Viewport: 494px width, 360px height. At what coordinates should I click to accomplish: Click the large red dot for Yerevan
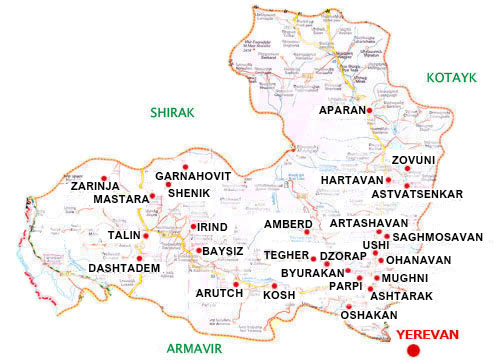pyautogui.click(x=412, y=349)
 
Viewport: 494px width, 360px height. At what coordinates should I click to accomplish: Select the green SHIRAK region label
pyautogui.click(x=171, y=112)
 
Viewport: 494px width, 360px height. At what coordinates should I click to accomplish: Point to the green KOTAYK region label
pyautogui.click(x=456, y=77)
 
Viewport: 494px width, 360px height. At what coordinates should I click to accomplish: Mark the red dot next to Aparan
pyautogui.click(x=370, y=109)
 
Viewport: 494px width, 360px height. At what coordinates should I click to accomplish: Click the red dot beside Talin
pyautogui.click(x=146, y=236)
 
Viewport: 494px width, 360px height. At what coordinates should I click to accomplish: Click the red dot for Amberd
pyautogui.click(x=308, y=232)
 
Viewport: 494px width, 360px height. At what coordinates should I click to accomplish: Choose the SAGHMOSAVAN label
pyautogui.click(x=438, y=237)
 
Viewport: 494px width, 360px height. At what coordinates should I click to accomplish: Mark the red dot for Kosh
pyautogui.click(x=274, y=285)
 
